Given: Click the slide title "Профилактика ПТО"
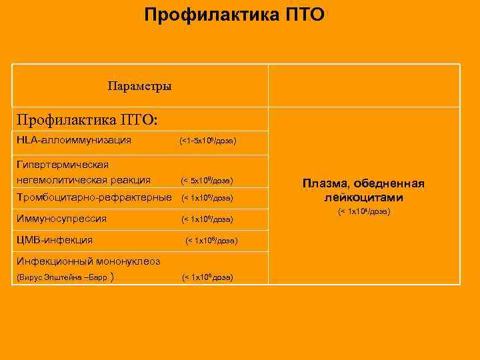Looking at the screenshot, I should (x=235, y=14).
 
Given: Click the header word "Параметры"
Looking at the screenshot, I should (x=139, y=87).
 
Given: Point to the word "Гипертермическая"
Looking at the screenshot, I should (x=63, y=164).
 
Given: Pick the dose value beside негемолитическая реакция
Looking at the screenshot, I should (x=207, y=181).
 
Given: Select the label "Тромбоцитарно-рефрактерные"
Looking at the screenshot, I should (x=93, y=198).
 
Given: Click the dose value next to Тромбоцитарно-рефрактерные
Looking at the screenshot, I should (x=207, y=199).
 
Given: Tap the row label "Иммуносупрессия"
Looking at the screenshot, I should (x=62, y=219).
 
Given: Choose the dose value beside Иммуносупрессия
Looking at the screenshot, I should (x=207, y=219).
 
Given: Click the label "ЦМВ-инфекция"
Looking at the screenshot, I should (x=55, y=239).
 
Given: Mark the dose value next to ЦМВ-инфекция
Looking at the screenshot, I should (x=211, y=240).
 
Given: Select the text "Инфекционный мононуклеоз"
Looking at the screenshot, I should (x=89, y=261).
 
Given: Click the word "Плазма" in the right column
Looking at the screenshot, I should (x=325, y=183).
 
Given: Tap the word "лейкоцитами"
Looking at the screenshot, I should (x=363, y=198).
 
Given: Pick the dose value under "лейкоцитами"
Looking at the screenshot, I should (x=363, y=211).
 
